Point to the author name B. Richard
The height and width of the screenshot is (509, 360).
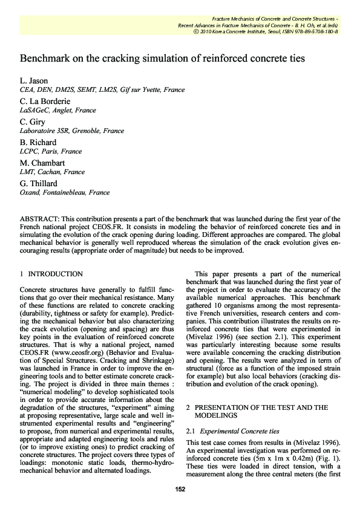tap(40, 142)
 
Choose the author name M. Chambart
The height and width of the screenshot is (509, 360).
tap(46, 163)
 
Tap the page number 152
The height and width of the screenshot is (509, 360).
tap(180, 490)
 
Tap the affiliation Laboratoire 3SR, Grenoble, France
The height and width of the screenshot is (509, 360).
tap(72, 131)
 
